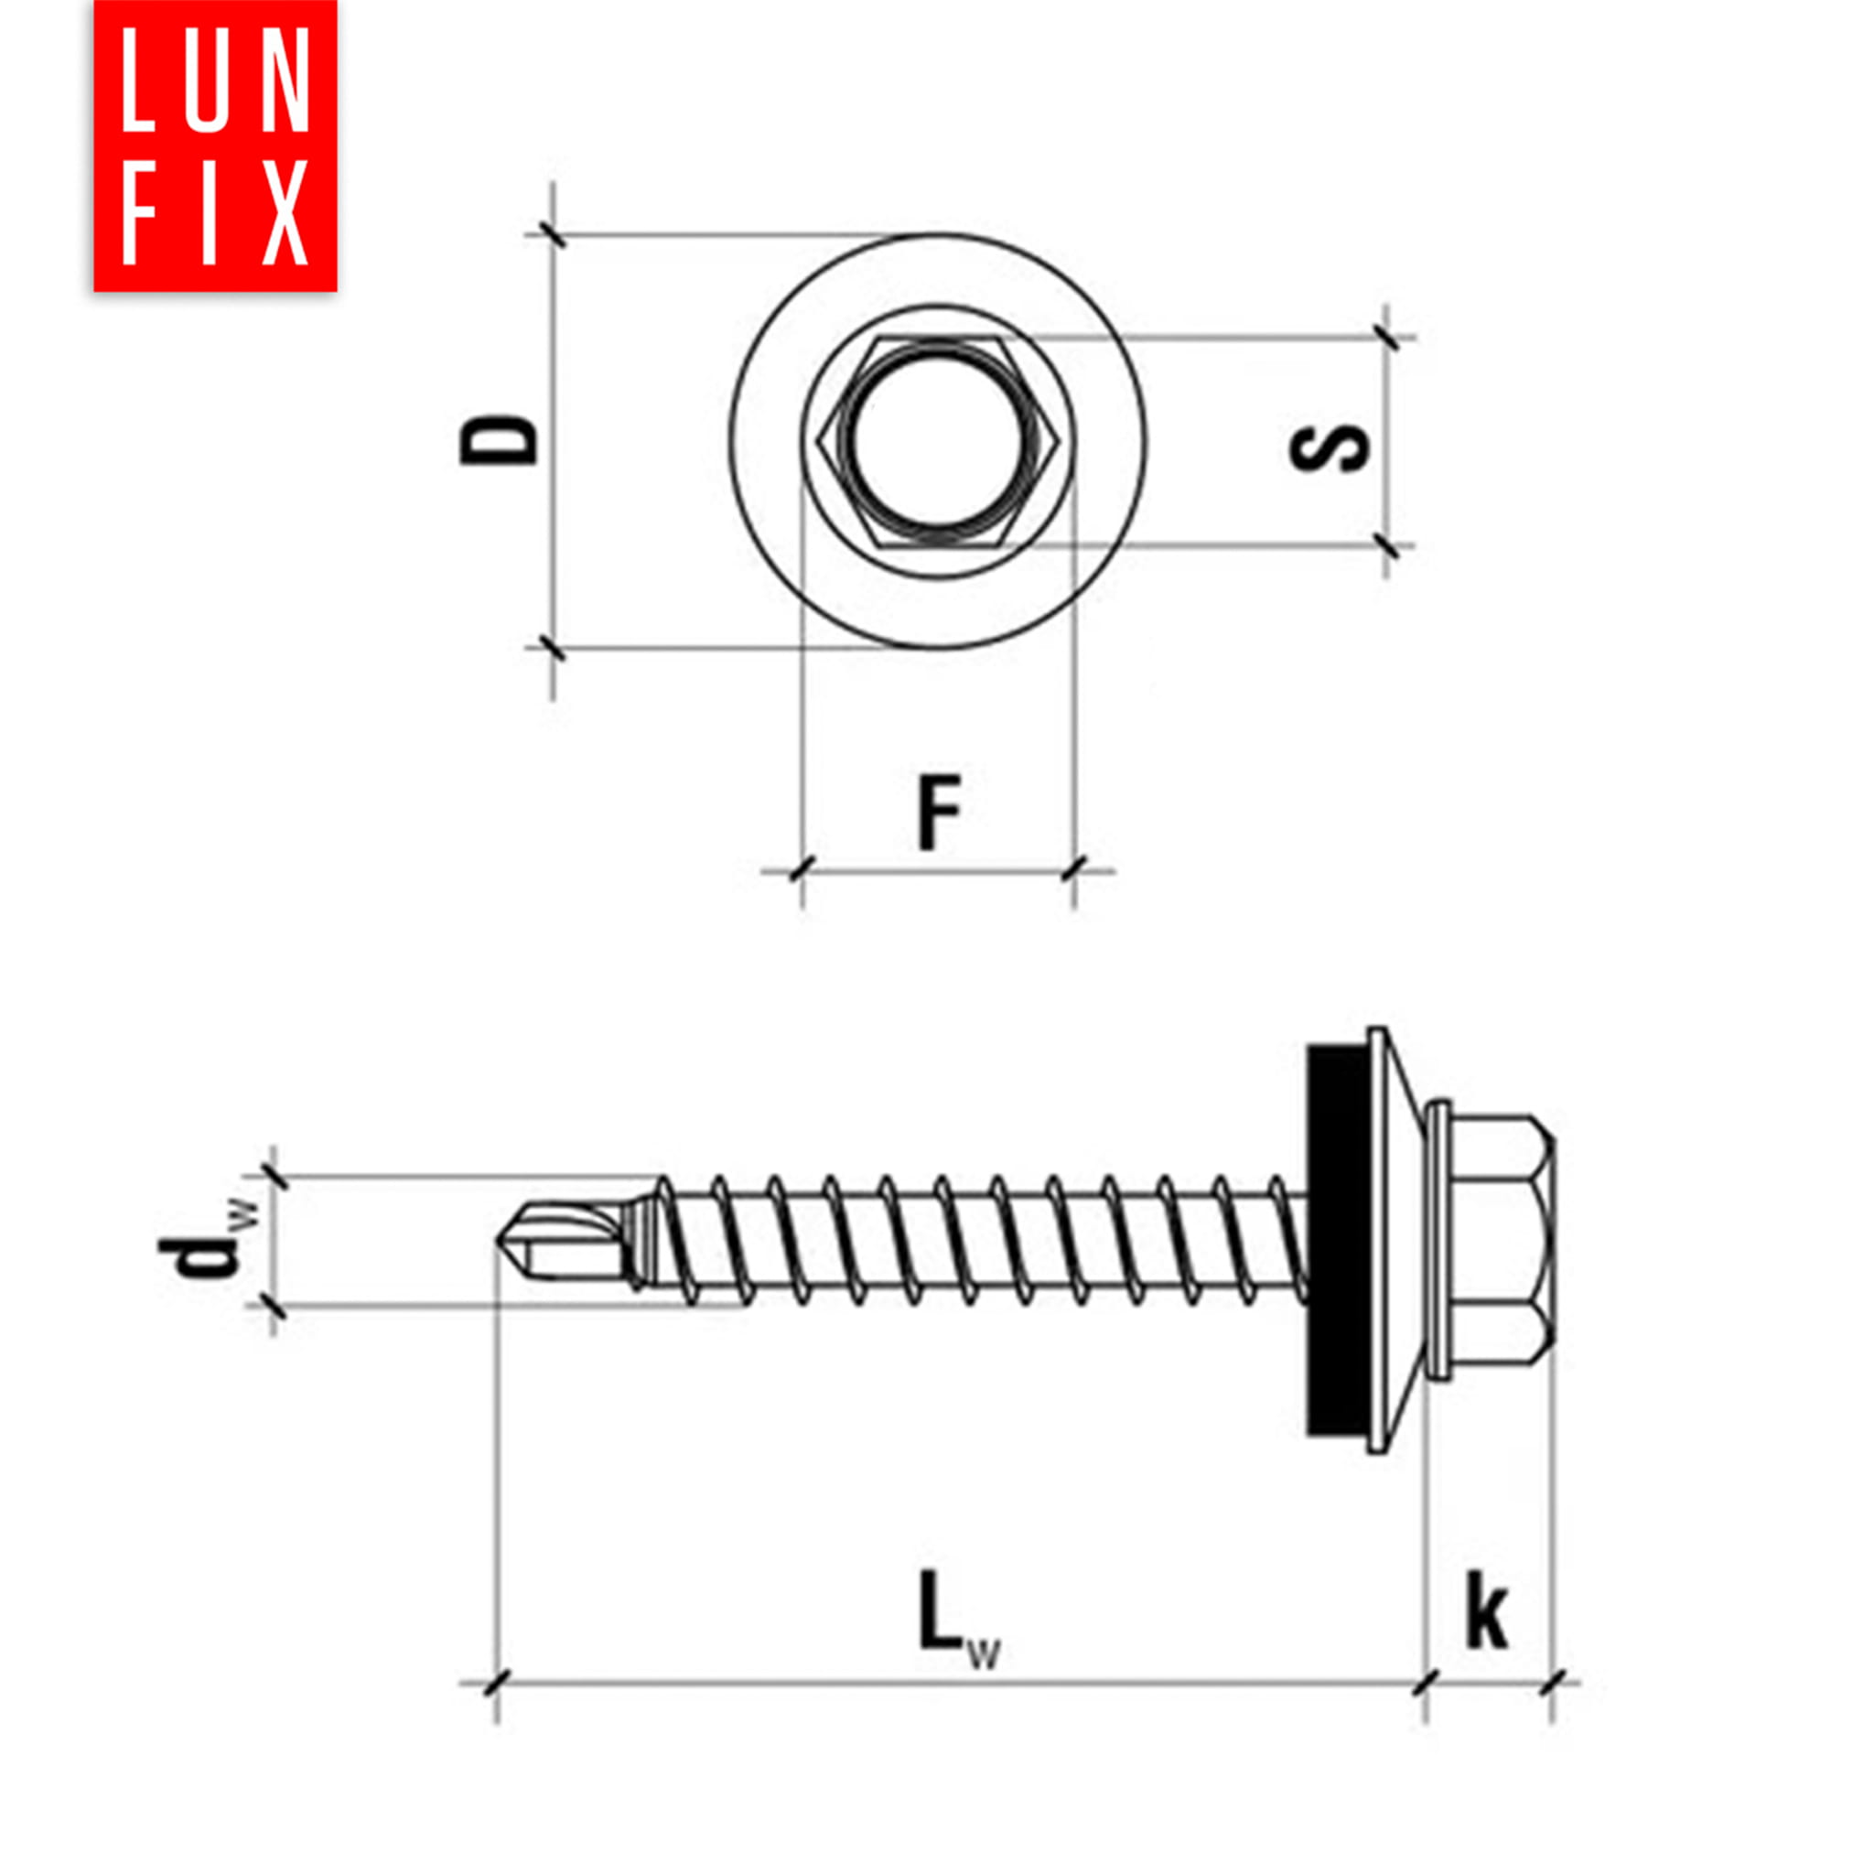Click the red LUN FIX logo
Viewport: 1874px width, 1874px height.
(215, 145)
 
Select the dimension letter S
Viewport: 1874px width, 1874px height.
(1329, 449)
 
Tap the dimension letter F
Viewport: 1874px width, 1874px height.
(940, 812)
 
